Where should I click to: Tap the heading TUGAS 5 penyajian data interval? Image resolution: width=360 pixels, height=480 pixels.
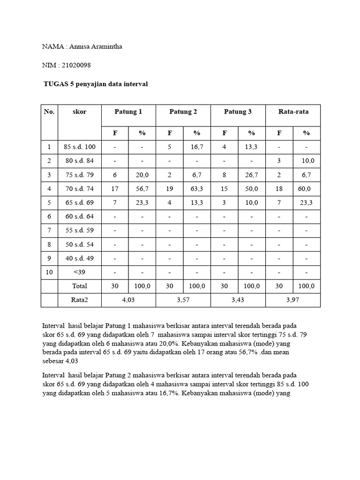(96, 84)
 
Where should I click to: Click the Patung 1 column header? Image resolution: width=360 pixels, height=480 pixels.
(128, 112)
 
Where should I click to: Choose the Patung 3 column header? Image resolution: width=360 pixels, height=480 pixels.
(238, 112)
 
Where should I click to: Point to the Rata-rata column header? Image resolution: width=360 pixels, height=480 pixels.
(293, 112)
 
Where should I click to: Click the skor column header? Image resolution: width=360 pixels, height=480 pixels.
(80, 112)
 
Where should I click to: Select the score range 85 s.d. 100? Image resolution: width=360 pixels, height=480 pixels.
(80, 147)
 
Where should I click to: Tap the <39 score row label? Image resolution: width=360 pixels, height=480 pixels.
(80, 272)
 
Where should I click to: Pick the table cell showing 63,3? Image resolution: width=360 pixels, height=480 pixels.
(197, 189)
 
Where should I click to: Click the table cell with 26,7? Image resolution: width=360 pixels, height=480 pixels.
(252, 175)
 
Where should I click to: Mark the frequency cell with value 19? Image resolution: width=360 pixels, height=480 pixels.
(170, 189)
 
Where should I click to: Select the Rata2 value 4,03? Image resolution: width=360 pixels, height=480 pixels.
(128, 300)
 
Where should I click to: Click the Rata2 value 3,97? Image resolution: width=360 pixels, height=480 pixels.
(293, 300)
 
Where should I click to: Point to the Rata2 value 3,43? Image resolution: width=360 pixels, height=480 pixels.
(238, 300)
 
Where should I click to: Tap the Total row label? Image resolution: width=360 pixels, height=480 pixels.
(80, 286)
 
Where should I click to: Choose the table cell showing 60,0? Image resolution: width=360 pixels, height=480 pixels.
(307, 189)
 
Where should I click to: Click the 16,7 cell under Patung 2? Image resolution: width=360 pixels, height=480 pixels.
(197, 147)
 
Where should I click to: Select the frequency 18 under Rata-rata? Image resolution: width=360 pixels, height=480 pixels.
(279, 189)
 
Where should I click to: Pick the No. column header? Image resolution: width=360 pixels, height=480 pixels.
(49, 112)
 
